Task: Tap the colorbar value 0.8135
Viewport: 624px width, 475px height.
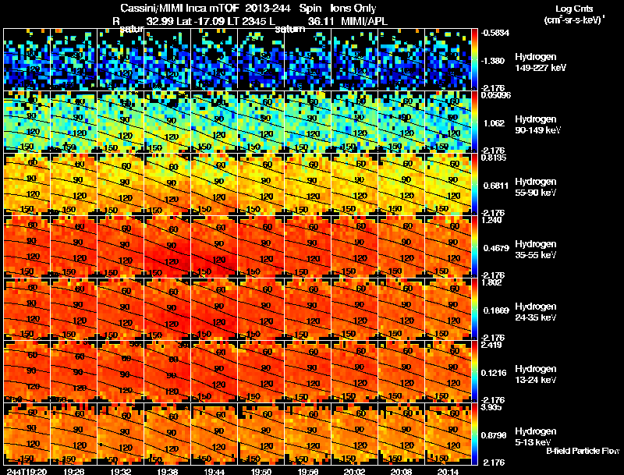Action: (495, 158)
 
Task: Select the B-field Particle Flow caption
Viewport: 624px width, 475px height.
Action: (582, 452)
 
